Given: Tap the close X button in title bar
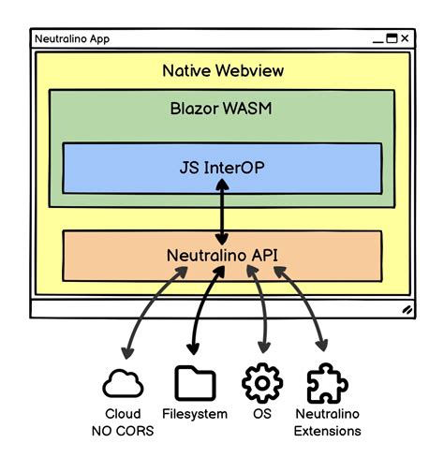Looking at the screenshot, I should [x=405, y=38].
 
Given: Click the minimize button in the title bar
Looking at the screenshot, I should [x=376, y=40].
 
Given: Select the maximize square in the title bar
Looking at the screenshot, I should [x=391, y=38].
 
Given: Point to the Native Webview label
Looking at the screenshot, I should [x=222, y=71].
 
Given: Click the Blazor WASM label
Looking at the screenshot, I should [x=222, y=108].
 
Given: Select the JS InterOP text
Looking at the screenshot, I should [x=222, y=170].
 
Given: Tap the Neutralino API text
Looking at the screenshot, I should [x=221, y=254].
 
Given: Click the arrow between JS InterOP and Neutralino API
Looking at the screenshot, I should [x=222, y=212].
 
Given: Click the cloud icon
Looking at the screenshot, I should [x=123, y=384].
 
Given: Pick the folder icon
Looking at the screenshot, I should [x=195, y=383].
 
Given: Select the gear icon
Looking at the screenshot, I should [x=261, y=383].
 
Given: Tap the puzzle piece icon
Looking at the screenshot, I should [x=327, y=383].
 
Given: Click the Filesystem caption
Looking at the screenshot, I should [x=195, y=414].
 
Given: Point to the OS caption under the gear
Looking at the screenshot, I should [x=261, y=414].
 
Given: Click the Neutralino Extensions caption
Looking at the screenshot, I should [x=327, y=422].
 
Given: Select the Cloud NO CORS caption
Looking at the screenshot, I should [x=123, y=422].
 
